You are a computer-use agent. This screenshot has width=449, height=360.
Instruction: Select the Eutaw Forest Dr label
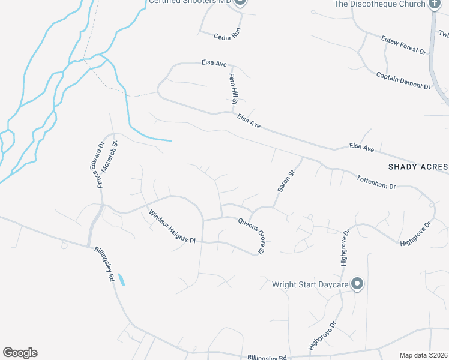pyautogui.click(x=403, y=45)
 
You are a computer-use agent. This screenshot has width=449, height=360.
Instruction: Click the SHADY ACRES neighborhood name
pyautogui.click(x=418, y=167)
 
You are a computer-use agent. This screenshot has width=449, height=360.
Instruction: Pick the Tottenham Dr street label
pyautogui.click(x=376, y=182)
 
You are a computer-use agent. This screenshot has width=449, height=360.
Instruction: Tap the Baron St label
pyautogui.click(x=286, y=181)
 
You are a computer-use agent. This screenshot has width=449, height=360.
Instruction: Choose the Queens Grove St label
pyautogui.click(x=252, y=235)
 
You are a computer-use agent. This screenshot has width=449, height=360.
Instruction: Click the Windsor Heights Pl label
pyautogui.click(x=173, y=226)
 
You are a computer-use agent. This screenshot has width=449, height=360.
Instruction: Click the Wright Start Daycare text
pyautogui.click(x=310, y=284)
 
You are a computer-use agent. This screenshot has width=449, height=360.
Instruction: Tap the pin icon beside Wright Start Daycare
pyautogui.click(x=357, y=284)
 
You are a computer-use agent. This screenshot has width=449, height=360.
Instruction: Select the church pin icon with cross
pyautogui.click(x=435, y=4)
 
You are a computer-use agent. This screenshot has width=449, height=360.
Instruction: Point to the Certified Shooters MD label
pyautogui.click(x=190, y=2)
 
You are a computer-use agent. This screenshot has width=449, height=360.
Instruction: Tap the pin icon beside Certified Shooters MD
pyautogui.click(x=240, y=2)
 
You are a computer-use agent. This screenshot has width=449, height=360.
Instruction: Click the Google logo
pyautogui.click(x=20, y=353)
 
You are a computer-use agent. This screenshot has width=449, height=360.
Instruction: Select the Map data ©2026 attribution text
pyautogui.click(x=423, y=355)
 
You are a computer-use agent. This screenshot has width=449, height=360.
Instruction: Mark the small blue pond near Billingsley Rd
pyautogui.click(x=122, y=279)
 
